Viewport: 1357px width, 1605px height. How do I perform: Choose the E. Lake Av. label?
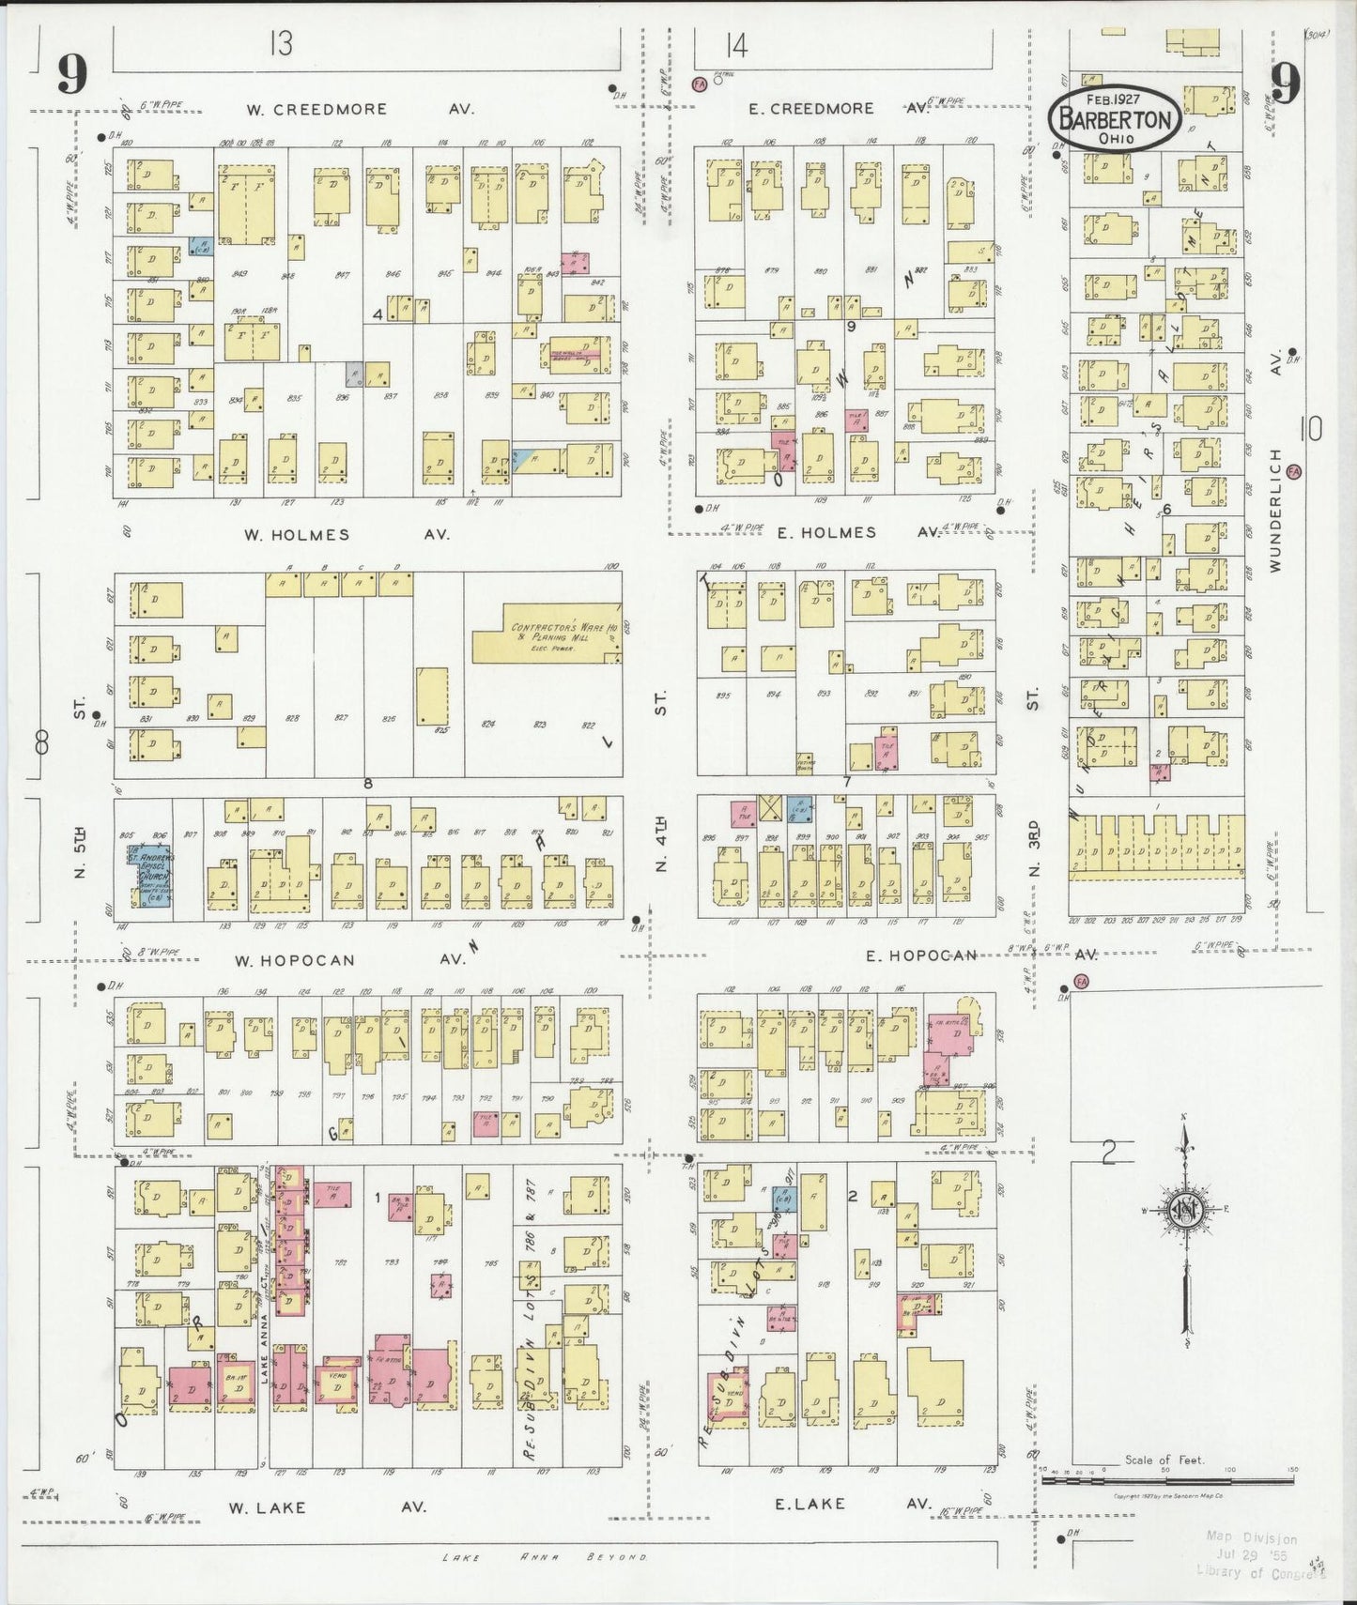tap(840, 1503)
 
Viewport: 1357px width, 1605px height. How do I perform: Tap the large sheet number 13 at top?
tap(279, 43)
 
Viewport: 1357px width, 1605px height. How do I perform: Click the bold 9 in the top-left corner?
tap(71, 73)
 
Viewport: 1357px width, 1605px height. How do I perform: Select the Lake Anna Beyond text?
tap(545, 1556)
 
